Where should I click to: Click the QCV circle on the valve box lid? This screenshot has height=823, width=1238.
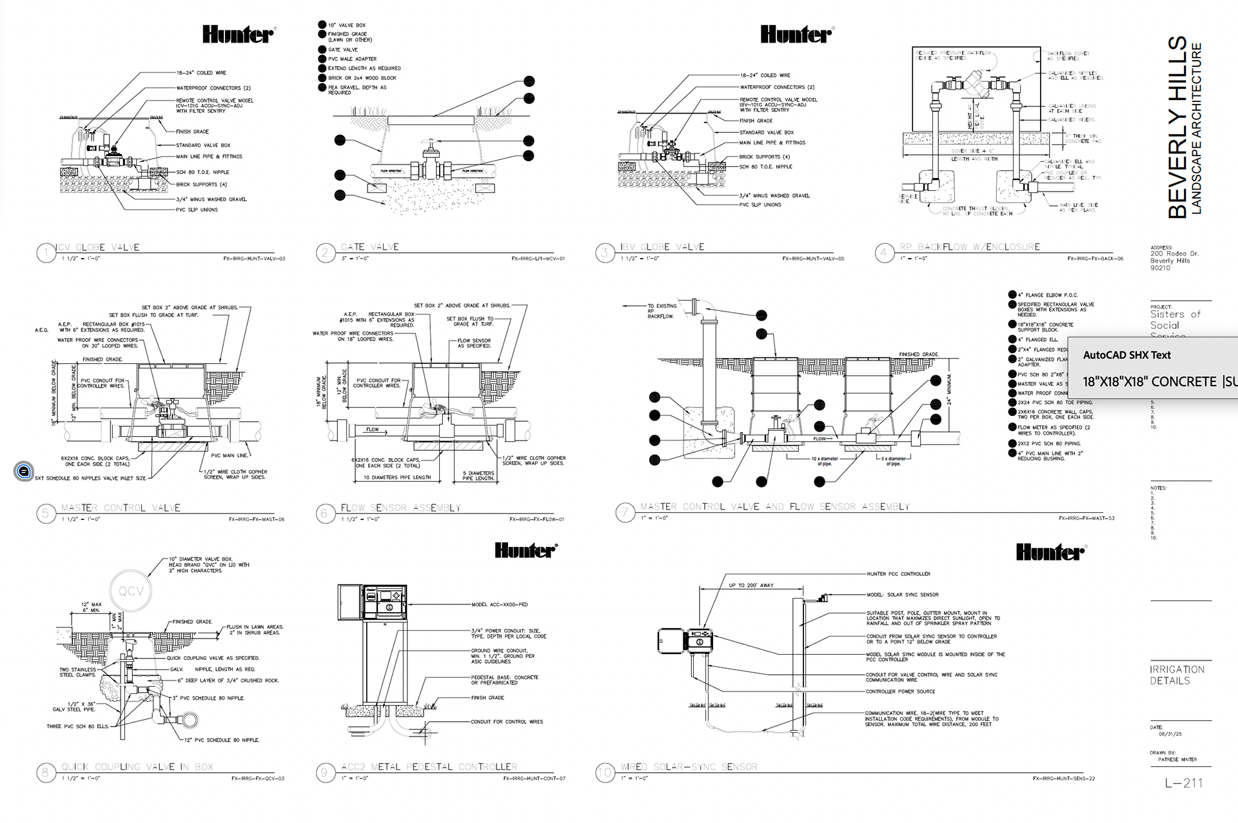pos(131,591)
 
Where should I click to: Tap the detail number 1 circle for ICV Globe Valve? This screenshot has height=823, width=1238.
pos(46,253)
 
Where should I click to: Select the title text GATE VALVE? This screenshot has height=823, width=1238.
pos(369,247)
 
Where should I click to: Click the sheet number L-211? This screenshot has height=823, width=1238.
pos(1184,783)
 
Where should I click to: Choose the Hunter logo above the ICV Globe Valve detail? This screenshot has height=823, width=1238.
pos(239,34)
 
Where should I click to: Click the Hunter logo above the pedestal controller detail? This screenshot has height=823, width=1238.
pos(526,550)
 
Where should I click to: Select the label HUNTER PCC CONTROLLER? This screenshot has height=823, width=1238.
pos(898,573)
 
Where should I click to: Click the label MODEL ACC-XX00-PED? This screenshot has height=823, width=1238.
pos(499,604)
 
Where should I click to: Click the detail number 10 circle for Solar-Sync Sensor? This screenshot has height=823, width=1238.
pos(604,773)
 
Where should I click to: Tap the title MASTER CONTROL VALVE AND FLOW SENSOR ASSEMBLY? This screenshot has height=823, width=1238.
pos(774,507)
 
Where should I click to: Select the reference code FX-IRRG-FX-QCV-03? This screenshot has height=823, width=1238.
pos(258,778)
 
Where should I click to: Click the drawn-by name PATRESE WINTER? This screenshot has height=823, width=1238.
pos(1177,759)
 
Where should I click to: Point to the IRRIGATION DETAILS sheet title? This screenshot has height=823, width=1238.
pos(1177,675)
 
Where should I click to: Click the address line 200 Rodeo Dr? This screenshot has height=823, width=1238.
pos(1174,253)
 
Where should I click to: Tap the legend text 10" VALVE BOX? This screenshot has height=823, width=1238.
pos(346,25)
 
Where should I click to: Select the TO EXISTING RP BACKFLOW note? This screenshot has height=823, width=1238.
pos(662,311)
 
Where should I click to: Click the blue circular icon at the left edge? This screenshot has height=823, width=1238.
pos(23,471)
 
